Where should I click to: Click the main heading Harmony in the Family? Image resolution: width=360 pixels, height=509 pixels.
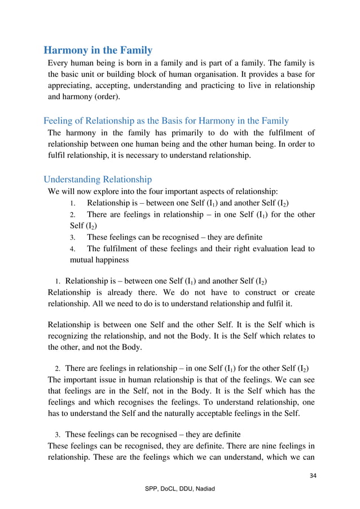pos(98,50)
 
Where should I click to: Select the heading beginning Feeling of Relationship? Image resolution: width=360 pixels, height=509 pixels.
pos(166,120)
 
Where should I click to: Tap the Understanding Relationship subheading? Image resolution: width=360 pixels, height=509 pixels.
pos(98,179)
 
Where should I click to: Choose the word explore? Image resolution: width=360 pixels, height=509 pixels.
pos(114,191)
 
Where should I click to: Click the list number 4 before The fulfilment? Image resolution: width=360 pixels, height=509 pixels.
pos(72,249)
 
